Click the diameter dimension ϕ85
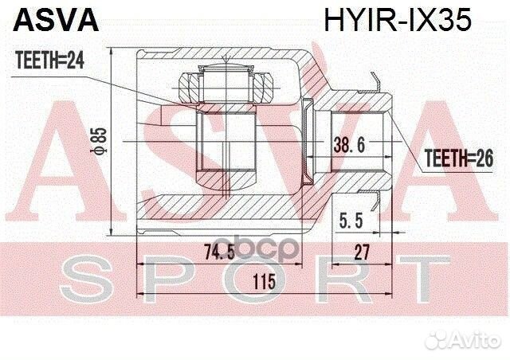coord(101,140)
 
